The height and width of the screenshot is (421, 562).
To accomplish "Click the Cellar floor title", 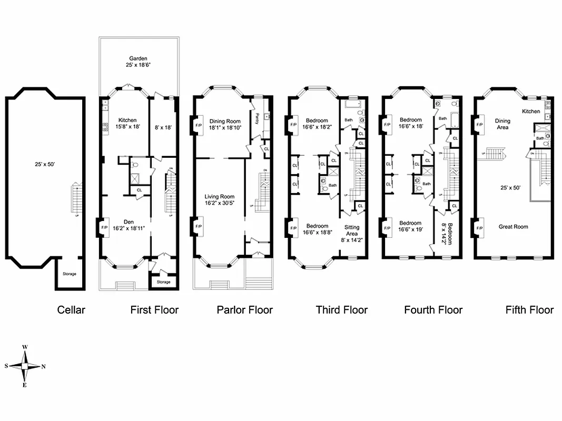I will (71, 310).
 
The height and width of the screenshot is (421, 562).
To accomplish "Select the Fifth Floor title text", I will (529, 310).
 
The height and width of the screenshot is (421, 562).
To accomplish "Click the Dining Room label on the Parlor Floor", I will (225, 121).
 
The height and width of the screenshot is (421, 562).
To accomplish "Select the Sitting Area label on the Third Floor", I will (352, 229).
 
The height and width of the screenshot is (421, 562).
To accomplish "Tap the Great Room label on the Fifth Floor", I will (513, 227).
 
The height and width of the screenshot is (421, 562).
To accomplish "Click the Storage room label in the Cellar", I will (70, 274).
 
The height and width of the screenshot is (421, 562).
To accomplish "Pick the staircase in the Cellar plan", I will (77, 198).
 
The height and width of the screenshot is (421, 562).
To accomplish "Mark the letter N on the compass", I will (43, 366).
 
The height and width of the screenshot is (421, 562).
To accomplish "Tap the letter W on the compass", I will (25, 348).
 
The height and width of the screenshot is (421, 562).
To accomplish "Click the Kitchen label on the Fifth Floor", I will (531, 111).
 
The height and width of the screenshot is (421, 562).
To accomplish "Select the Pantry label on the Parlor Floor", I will (257, 118).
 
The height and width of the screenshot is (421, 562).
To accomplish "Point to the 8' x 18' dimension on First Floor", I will (163, 127).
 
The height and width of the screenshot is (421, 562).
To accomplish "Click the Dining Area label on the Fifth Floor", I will (502, 124).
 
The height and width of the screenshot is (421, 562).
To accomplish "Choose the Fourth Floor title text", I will (433, 310).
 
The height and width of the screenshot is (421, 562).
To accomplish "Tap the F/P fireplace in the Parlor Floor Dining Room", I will (198, 126).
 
